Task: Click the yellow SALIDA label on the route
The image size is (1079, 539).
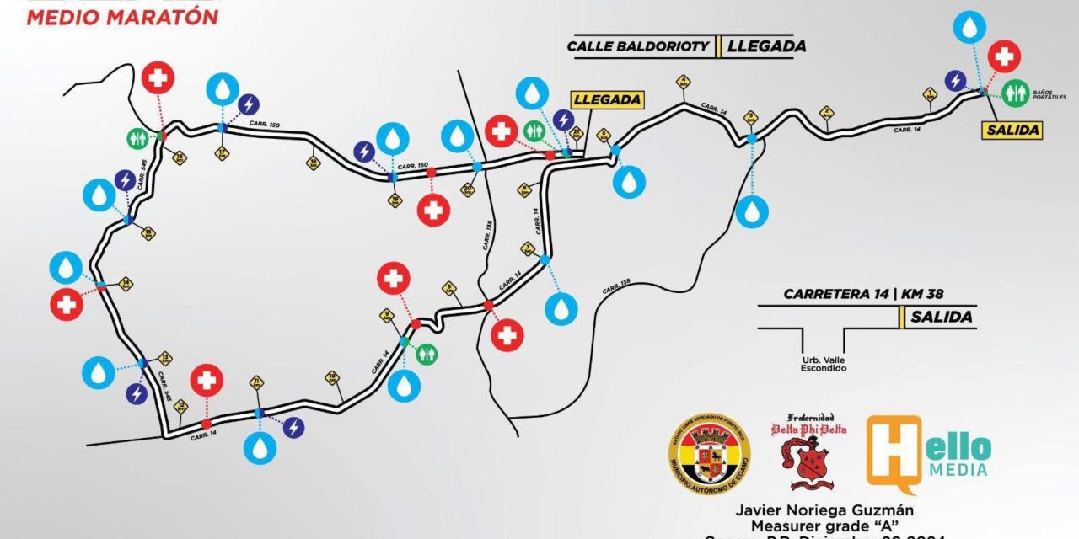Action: pyautogui.click(x=1012, y=130)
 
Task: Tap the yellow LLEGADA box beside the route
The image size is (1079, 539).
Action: pyautogui.click(x=606, y=99)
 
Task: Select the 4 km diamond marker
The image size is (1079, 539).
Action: pyautogui.click(x=684, y=82)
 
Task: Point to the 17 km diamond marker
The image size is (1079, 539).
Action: pyautogui.click(x=223, y=153)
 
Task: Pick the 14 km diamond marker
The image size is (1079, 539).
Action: pyautogui.click(x=126, y=283)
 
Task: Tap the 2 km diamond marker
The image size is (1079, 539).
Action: pyautogui.click(x=827, y=112)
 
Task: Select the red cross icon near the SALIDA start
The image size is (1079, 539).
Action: pyautogui.click(x=1003, y=56)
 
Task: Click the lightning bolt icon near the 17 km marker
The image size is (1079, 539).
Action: pyautogui.click(x=250, y=104)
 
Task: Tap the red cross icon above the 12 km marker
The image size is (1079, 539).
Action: pyautogui.click(x=207, y=381)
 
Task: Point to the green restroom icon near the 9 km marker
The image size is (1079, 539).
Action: pyautogui.click(x=427, y=353)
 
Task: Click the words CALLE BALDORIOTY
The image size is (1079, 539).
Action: pyautogui.click(x=640, y=46)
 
